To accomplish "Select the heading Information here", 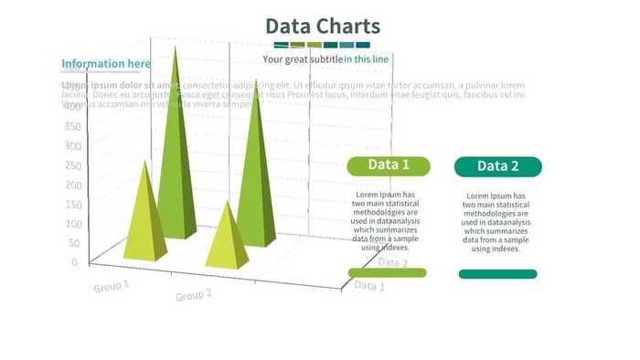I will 106,64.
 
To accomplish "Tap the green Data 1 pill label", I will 389,165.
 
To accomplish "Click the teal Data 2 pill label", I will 498,166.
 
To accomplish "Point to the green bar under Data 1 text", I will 388,272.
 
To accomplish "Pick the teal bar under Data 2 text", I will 497,273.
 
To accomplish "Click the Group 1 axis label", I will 111,286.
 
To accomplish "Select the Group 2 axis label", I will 194,295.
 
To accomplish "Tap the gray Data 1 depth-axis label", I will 369,286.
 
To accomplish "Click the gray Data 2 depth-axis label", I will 393,263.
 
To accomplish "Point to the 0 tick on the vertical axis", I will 74,262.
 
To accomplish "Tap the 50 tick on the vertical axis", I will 70,243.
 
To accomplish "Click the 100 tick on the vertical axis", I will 70,224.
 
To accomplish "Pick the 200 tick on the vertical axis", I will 70,185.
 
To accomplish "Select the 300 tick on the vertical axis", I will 71,145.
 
